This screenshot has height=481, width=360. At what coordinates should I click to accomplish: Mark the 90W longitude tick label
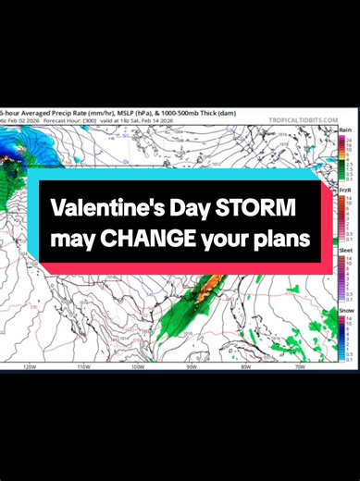tap(192, 367)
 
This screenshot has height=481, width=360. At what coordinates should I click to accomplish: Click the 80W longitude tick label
tap(245, 367)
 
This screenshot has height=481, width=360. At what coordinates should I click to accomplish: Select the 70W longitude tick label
tap(299, 367)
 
